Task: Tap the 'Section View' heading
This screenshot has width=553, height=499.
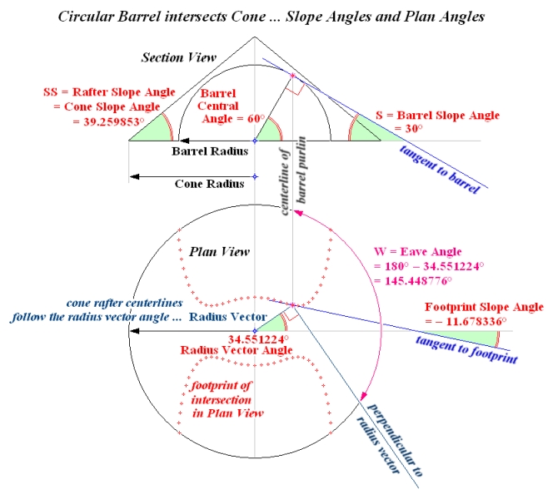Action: (178, 57)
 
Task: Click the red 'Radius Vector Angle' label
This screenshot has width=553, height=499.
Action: (228, 351)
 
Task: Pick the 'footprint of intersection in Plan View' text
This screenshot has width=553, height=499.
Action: (225, 398)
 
